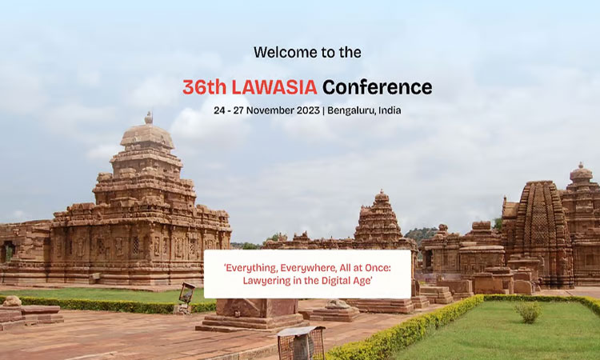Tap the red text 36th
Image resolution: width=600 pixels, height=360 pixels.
[x=204, y=87]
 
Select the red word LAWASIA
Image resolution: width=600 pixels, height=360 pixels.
[x=274, y=87]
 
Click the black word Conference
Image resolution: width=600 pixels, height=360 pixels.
[x=378, y=87]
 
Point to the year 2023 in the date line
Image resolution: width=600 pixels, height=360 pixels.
[x=308, y=110]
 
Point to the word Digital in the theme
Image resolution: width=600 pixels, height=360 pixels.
[x=334, y=281]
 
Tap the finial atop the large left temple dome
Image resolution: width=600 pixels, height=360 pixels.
[x=149, y=118]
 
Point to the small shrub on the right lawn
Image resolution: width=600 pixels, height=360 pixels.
[x=528, y=312]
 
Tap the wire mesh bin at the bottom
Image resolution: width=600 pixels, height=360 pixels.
[x=302, y=342]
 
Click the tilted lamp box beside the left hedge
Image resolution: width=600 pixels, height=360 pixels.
[x=187, y=293]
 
